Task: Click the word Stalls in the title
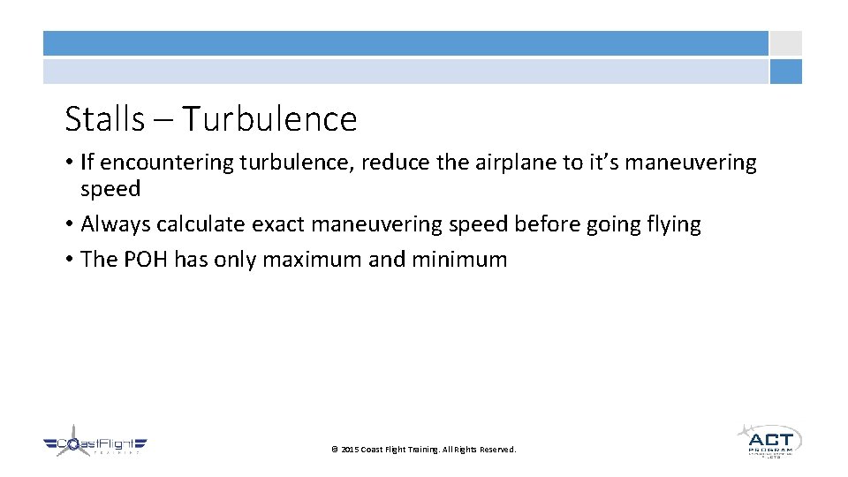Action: (x=104, y=119)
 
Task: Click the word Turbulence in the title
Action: (x=270, y=119)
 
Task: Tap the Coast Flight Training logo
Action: (x=95, y=443)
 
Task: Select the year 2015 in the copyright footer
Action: (x=350, y=450)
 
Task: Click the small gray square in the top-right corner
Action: (x=785, y=43)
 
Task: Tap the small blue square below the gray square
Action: (x=785, y=72)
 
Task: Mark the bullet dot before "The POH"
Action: (x=69, y=260)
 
